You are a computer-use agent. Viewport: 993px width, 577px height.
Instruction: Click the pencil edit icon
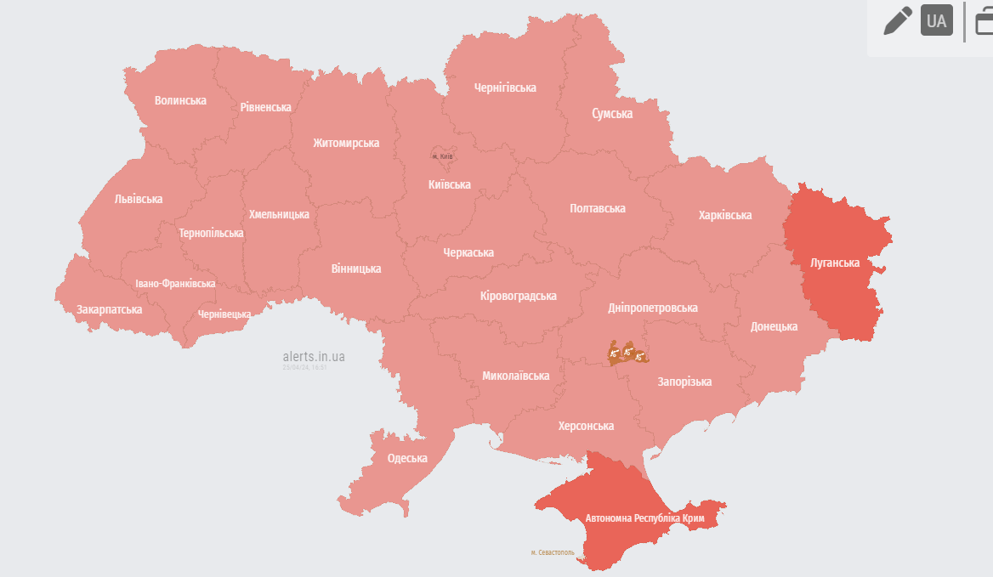pos(898,20)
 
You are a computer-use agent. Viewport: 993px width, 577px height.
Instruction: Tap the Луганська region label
pos(835,263)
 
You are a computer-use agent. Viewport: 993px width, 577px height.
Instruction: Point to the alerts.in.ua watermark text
pos(314,357)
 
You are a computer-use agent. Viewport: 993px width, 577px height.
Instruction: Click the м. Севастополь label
pos(553,552)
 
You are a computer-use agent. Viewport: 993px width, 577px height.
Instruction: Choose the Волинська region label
pos(180,100)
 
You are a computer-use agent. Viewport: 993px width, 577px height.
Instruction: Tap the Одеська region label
pos(407,458)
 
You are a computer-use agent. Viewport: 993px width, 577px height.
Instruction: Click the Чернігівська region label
pos(505,88)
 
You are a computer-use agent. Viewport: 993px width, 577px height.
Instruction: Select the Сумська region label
pos(612,113)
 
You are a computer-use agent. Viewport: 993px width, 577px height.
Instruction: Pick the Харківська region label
pos(724,215)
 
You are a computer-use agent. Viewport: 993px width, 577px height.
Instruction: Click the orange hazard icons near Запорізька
pos(627,354)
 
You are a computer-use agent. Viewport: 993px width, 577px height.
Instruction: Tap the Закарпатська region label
pos(109,309)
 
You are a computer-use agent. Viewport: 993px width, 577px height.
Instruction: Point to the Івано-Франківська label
pos(175,284)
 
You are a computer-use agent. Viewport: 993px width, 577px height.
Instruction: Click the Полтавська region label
pos(597,208)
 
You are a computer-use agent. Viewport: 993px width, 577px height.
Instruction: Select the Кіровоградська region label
pos(518,296)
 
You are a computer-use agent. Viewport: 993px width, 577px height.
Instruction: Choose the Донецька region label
pos(774,326)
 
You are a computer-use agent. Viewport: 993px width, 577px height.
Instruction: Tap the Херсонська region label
pos(586,426)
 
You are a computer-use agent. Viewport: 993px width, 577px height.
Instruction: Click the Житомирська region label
pos(345,143)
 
